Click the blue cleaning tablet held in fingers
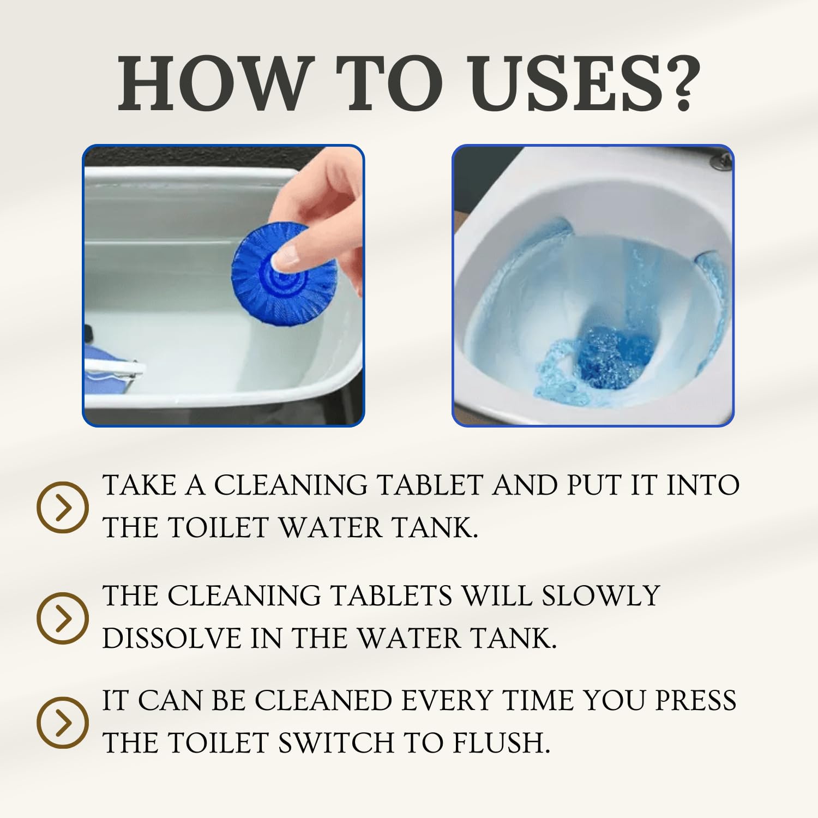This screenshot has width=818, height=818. [284, 278]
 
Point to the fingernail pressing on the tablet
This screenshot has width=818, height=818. [286, 256]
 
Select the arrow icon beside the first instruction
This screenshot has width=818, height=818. [63, 507]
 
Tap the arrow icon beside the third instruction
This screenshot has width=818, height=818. [63, 723]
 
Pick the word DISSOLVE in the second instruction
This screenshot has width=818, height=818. [172, 638]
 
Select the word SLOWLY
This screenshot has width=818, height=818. [601, 595]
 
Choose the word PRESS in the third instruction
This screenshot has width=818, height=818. [696, 701]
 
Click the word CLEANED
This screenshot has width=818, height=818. [323, 701]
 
